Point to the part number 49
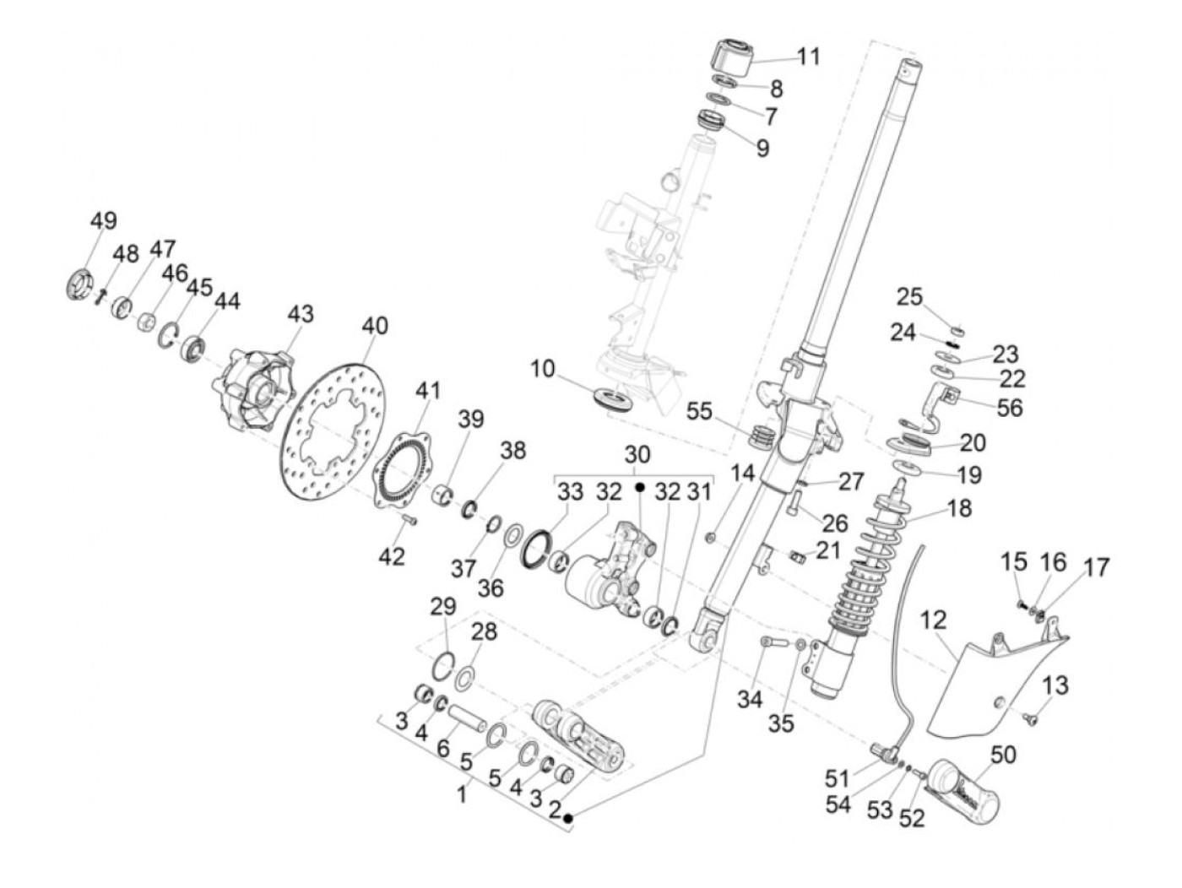tap(104, 221)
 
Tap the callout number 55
tap(699, 411)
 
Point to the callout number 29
tap(443, 606)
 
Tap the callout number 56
tap(1009, 407)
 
